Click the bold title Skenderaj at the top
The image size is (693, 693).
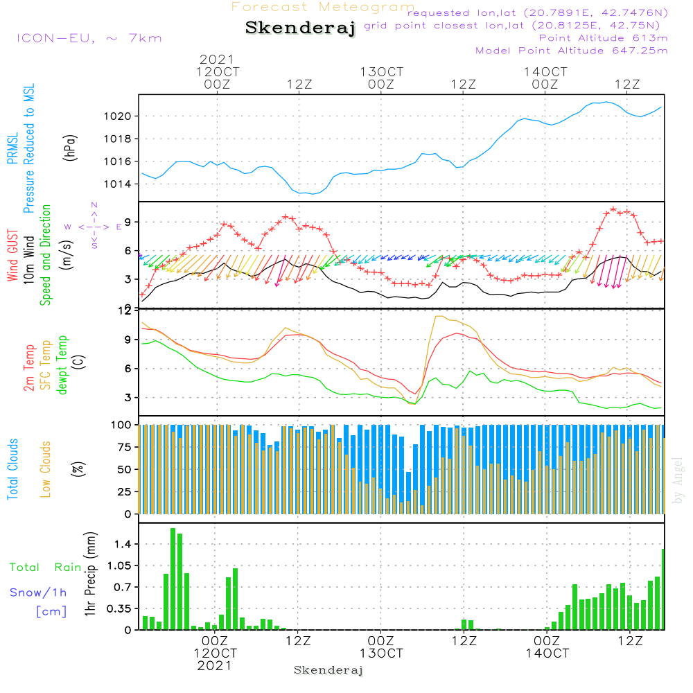point(300,29)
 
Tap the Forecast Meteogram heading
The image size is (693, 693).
point(323,8)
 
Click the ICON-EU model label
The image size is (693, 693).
point(89,38)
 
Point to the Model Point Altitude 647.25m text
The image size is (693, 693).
point(571,51)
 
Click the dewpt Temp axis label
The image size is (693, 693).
point(62,365)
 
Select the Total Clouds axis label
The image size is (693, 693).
point(12,469)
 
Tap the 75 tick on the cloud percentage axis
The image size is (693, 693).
point(122,447)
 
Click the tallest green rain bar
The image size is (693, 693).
point(173,579)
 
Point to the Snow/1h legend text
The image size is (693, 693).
point(38,593)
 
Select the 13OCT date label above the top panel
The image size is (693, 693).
point(381,72)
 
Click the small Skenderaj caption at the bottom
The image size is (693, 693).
point(328,670)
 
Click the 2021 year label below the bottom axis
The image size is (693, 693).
point(216,665)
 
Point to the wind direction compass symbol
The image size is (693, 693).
point(94,226)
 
